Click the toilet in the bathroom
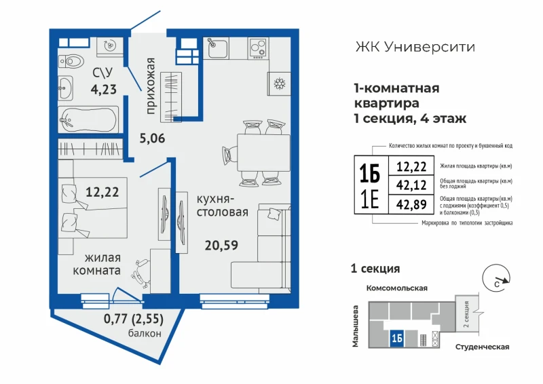[71, 62]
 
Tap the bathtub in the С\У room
[88, 119]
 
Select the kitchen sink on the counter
[217, 47]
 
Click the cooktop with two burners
[258, 47]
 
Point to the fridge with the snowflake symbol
[279, 83]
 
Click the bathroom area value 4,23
[104, 90]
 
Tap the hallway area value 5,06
[152, 138]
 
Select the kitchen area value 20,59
[221, 246]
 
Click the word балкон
[145, 333]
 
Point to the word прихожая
[150, 86]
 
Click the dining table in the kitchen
[263, 153]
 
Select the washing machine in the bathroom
[110, 45]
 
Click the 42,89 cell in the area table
[411, 204]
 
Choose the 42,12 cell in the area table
[411, 185]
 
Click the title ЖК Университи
[415, 47]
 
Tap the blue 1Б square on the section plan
[397, 339]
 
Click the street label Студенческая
[482, 347]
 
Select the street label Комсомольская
[397, 288]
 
